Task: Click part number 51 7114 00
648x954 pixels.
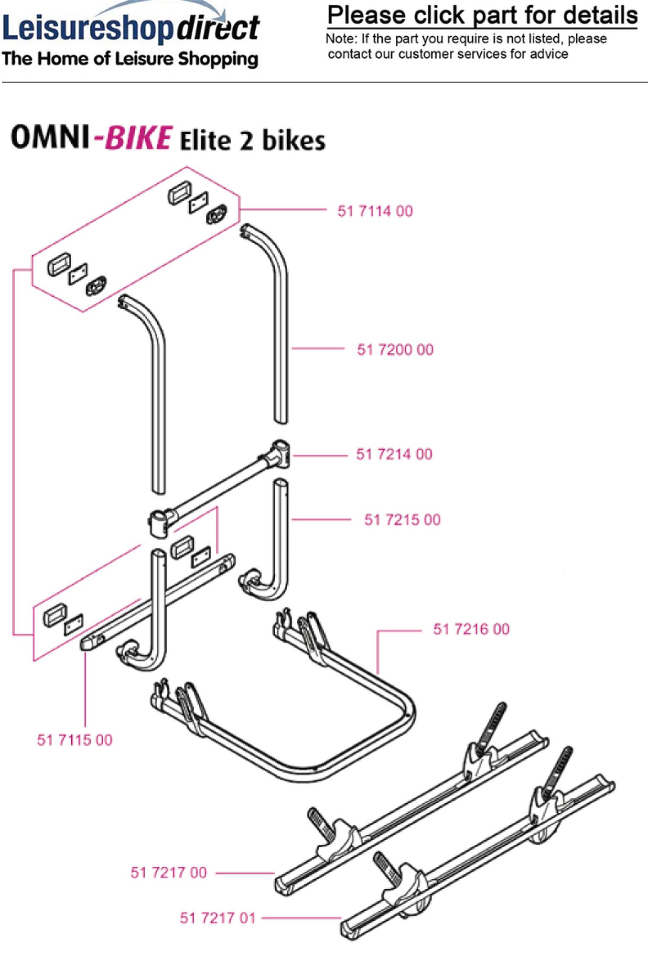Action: click(x=375, y=211)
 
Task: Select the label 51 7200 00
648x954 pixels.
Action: click(x=395, y=349)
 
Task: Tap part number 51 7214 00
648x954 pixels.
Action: click(x=394, y=454)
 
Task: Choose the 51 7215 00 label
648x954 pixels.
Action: click(x=402, y=520)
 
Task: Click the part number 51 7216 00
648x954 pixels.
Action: click(x=471, y=629)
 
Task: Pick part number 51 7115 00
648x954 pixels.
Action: click(x=75, y=740)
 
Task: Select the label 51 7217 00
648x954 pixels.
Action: click(x=168, y=872)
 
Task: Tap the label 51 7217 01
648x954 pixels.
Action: click(x=218, y=918)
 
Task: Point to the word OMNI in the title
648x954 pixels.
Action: click(x=50, y=137)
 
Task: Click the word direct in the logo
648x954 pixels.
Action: click(x=218, y=28)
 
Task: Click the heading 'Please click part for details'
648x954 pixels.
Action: click(x=482, y=16)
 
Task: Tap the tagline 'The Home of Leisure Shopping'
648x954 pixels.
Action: click(x=130, y=59)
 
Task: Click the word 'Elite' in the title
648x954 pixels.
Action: click(x=205, y=141)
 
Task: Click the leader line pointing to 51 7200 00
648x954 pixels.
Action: click(x=318, y=349)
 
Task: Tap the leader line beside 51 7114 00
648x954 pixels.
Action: click(x=283, y=209)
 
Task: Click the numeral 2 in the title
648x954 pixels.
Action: click(x=246, y=142)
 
